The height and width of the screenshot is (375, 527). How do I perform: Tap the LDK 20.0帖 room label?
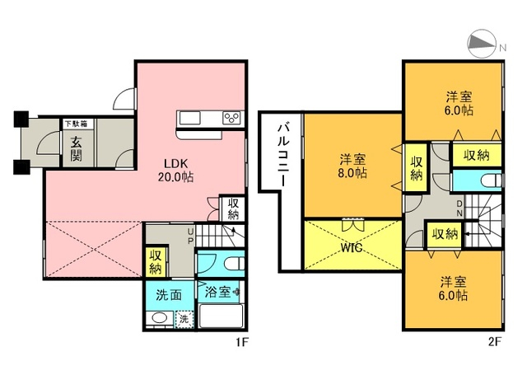[x=175, y=170]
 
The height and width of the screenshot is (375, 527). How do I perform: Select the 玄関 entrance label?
[x=76, y=149]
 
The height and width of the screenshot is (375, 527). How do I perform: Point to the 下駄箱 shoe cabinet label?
[x=76, y=124]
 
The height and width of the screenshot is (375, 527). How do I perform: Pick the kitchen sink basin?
[x=190, y=118]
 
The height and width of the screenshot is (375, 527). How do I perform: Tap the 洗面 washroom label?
[x=169, y=295]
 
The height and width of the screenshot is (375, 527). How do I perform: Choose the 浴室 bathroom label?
[x=217, y=292]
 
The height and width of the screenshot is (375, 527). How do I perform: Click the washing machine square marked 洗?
[x=184, y=318]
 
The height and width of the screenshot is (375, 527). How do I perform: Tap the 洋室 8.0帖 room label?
[x=352, y=166]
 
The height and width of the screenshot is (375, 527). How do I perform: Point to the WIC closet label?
[x=352, y=248]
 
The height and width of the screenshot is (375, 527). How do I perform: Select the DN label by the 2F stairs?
[x=459, y=209]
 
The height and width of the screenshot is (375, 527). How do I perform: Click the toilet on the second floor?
[x=492, y=180]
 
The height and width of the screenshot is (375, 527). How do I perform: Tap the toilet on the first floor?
[x=235, y=264]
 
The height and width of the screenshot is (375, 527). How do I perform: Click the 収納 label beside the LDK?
[x=233, y=209]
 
